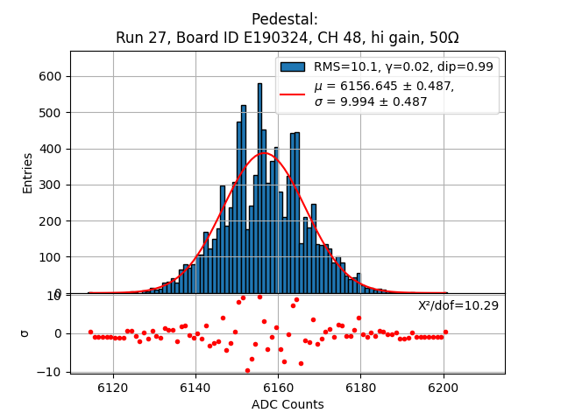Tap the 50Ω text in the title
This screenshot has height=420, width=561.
click(x=442, y=38)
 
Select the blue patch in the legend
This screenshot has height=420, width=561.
click(x=293, y=66)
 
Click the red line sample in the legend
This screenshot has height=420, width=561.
click(x=293, y=94)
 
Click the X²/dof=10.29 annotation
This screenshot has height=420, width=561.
click(x=458, y=305)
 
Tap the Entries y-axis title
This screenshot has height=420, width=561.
click(x=28, y=172)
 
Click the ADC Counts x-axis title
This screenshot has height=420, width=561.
click(x=288, y=404)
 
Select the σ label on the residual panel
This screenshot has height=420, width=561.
click(x=25, y=333)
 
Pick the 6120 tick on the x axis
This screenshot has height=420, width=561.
click(x=113, y=387)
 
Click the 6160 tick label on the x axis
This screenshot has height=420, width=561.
click(x=278, y=387)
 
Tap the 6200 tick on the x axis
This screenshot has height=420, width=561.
click(x=443, y=387)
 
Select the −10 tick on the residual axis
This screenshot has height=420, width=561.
click(x=49, y=372)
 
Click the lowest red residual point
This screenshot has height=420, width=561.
click(x=247, y=370)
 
